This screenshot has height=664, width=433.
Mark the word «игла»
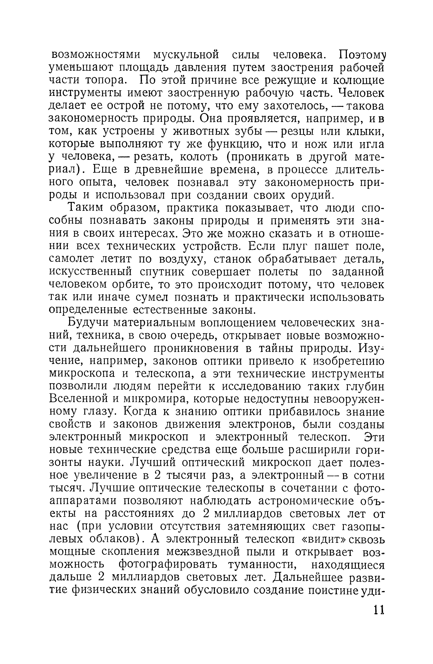(369, 144)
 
